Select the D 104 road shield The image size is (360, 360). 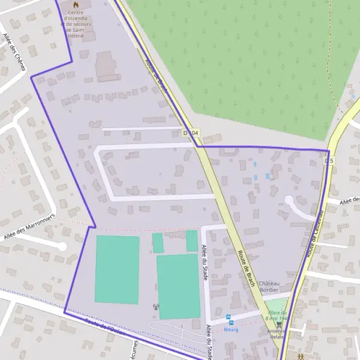pyautogui.click(x=190, y=132)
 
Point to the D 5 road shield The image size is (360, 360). pyautogui.click(x=329, y=161)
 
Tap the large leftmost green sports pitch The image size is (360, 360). pyautogui.click(x=117, y=269)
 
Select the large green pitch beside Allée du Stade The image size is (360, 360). pyautogui.click(x=178, y=286)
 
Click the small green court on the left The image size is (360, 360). pyautogui.click(x=158, y=242)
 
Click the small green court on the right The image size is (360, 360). pyautogui.click(x=191, y=241)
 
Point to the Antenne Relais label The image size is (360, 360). pyautogui.click(x=276, y=334)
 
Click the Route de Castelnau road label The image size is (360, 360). pyautogui.click(x=316, y=233)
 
